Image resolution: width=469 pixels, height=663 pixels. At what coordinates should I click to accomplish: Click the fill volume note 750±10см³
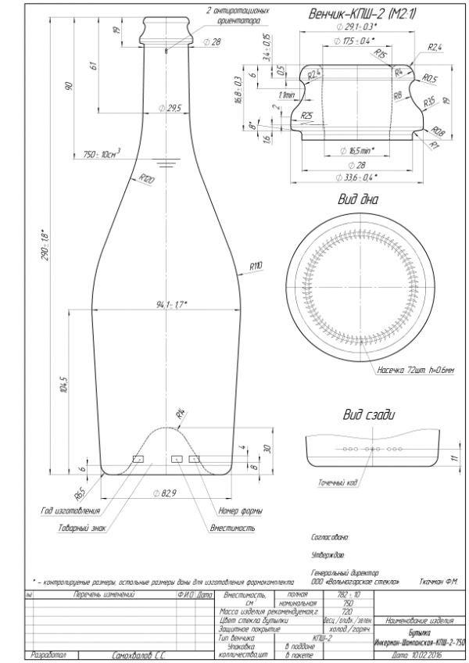(102, 152)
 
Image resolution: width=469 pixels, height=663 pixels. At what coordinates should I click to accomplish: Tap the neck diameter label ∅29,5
(170, 108)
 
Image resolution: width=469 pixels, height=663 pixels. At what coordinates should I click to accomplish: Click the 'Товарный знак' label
(81, 528)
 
